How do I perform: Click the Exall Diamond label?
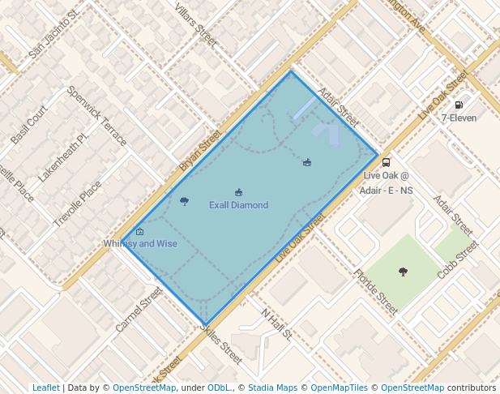pos(238,205)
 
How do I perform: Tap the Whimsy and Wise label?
pos(140,243)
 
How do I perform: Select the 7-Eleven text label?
pos(459,118)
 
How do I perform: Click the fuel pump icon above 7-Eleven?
pos(459,105)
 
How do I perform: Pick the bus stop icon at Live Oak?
pos(387,162)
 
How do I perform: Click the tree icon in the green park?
pos(403,272)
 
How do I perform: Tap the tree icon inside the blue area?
pos(184,201)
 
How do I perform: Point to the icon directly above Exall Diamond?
pos(238,192)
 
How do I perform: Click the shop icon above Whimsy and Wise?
pos(140,232)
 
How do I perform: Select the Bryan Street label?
pos(200,150)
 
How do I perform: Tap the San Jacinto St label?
pos(53,36)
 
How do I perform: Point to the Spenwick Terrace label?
pos(96,116)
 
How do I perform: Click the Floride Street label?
pos(375,291)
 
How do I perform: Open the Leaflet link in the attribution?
pos(45,388)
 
